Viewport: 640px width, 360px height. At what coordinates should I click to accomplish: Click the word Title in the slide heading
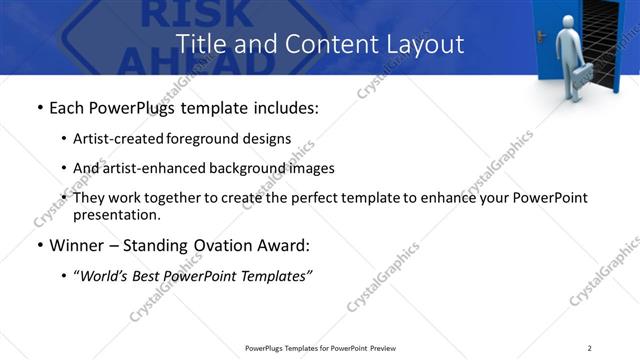[x=200, y=45]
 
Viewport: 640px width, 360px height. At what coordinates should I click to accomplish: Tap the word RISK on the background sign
[x=179, y=13]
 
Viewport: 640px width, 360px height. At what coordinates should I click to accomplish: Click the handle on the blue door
[x=541, y=36]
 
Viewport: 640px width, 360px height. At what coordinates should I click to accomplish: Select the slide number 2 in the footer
[x=590, y=348]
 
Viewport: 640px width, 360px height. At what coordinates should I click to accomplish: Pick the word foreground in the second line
[x=202, y=139]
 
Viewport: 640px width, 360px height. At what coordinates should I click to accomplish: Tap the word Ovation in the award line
[x=233, y=245]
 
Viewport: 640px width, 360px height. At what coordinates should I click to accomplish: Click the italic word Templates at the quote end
[x=276, y=275]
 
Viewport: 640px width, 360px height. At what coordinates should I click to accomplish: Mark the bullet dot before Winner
[x=39, y=246]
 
